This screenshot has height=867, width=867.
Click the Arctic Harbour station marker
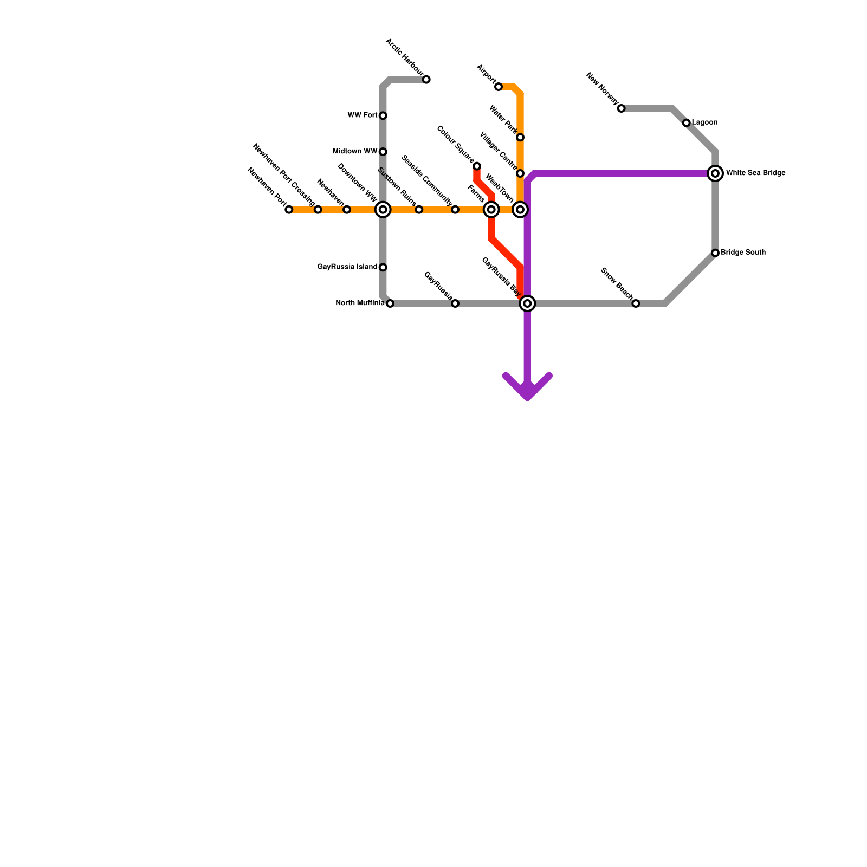(x=426, y=80)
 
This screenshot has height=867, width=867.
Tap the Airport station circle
(x=499, y=87)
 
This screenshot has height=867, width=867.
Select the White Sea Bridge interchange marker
(x=715, y=173)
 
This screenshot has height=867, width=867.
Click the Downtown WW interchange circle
(x=383, y=210)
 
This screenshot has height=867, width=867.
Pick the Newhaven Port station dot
(x=289, y=210)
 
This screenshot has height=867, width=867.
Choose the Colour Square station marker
(x=477, y=166)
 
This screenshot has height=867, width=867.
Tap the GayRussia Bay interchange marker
(x=528, y=303)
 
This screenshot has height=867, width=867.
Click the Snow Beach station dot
(x=636, y=303)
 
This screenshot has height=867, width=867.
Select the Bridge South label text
(x=743, y=253)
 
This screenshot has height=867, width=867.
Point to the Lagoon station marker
(x=687, y=123)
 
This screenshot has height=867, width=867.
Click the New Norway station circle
(x=622, y=108)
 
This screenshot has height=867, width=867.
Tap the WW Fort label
(x=363, y=115)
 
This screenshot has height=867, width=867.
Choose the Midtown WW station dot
(x=383, y=152)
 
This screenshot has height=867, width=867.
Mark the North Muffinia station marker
(x=390, y=303)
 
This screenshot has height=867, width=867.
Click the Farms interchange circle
(x=491, y=210)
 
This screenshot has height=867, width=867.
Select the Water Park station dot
(x=520, y=137)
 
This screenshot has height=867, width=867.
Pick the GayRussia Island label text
(x=347, y=267)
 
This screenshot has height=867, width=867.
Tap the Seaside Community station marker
(x=455, y=210)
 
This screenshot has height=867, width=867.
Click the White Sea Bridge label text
(x=755, y=173)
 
